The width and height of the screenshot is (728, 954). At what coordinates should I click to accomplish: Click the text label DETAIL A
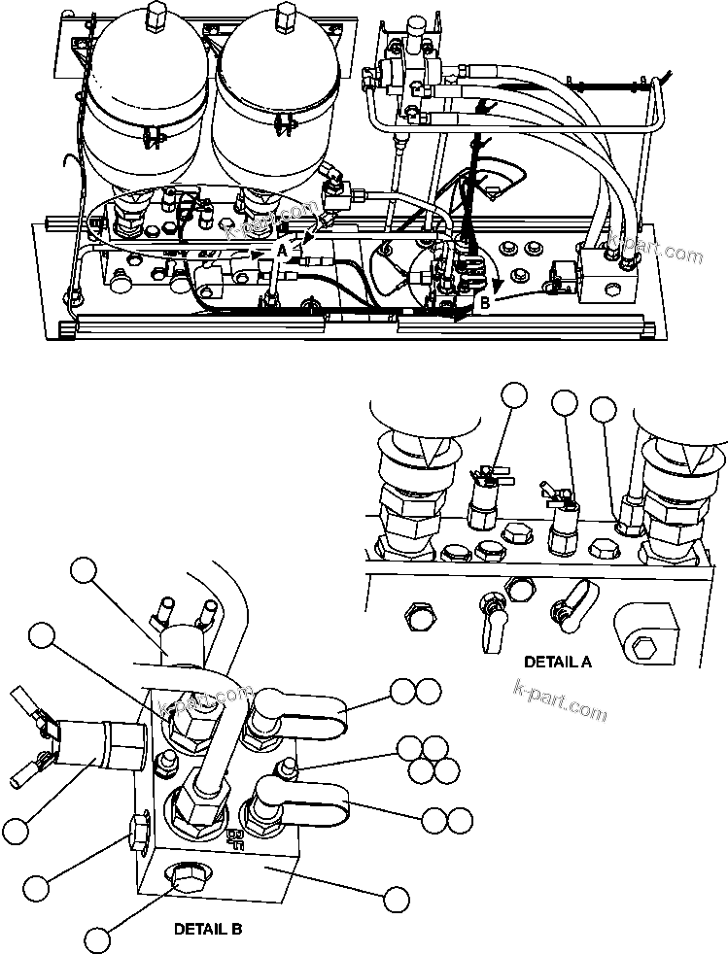(x=557, y=662)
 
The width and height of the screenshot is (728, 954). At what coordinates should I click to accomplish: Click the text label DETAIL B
(x=208, y=928)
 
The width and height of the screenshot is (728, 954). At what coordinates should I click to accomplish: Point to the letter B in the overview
(x=483, y=302)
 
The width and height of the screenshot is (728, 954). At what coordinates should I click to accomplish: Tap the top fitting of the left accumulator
(x=156, y=17)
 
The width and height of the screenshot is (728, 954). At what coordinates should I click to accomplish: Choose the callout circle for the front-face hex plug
(x=96, y=939)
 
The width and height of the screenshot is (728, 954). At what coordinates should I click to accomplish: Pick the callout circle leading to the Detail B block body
(x=396, y=899)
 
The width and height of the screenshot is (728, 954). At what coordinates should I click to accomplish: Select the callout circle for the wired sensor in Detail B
(x=16, y=831)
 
